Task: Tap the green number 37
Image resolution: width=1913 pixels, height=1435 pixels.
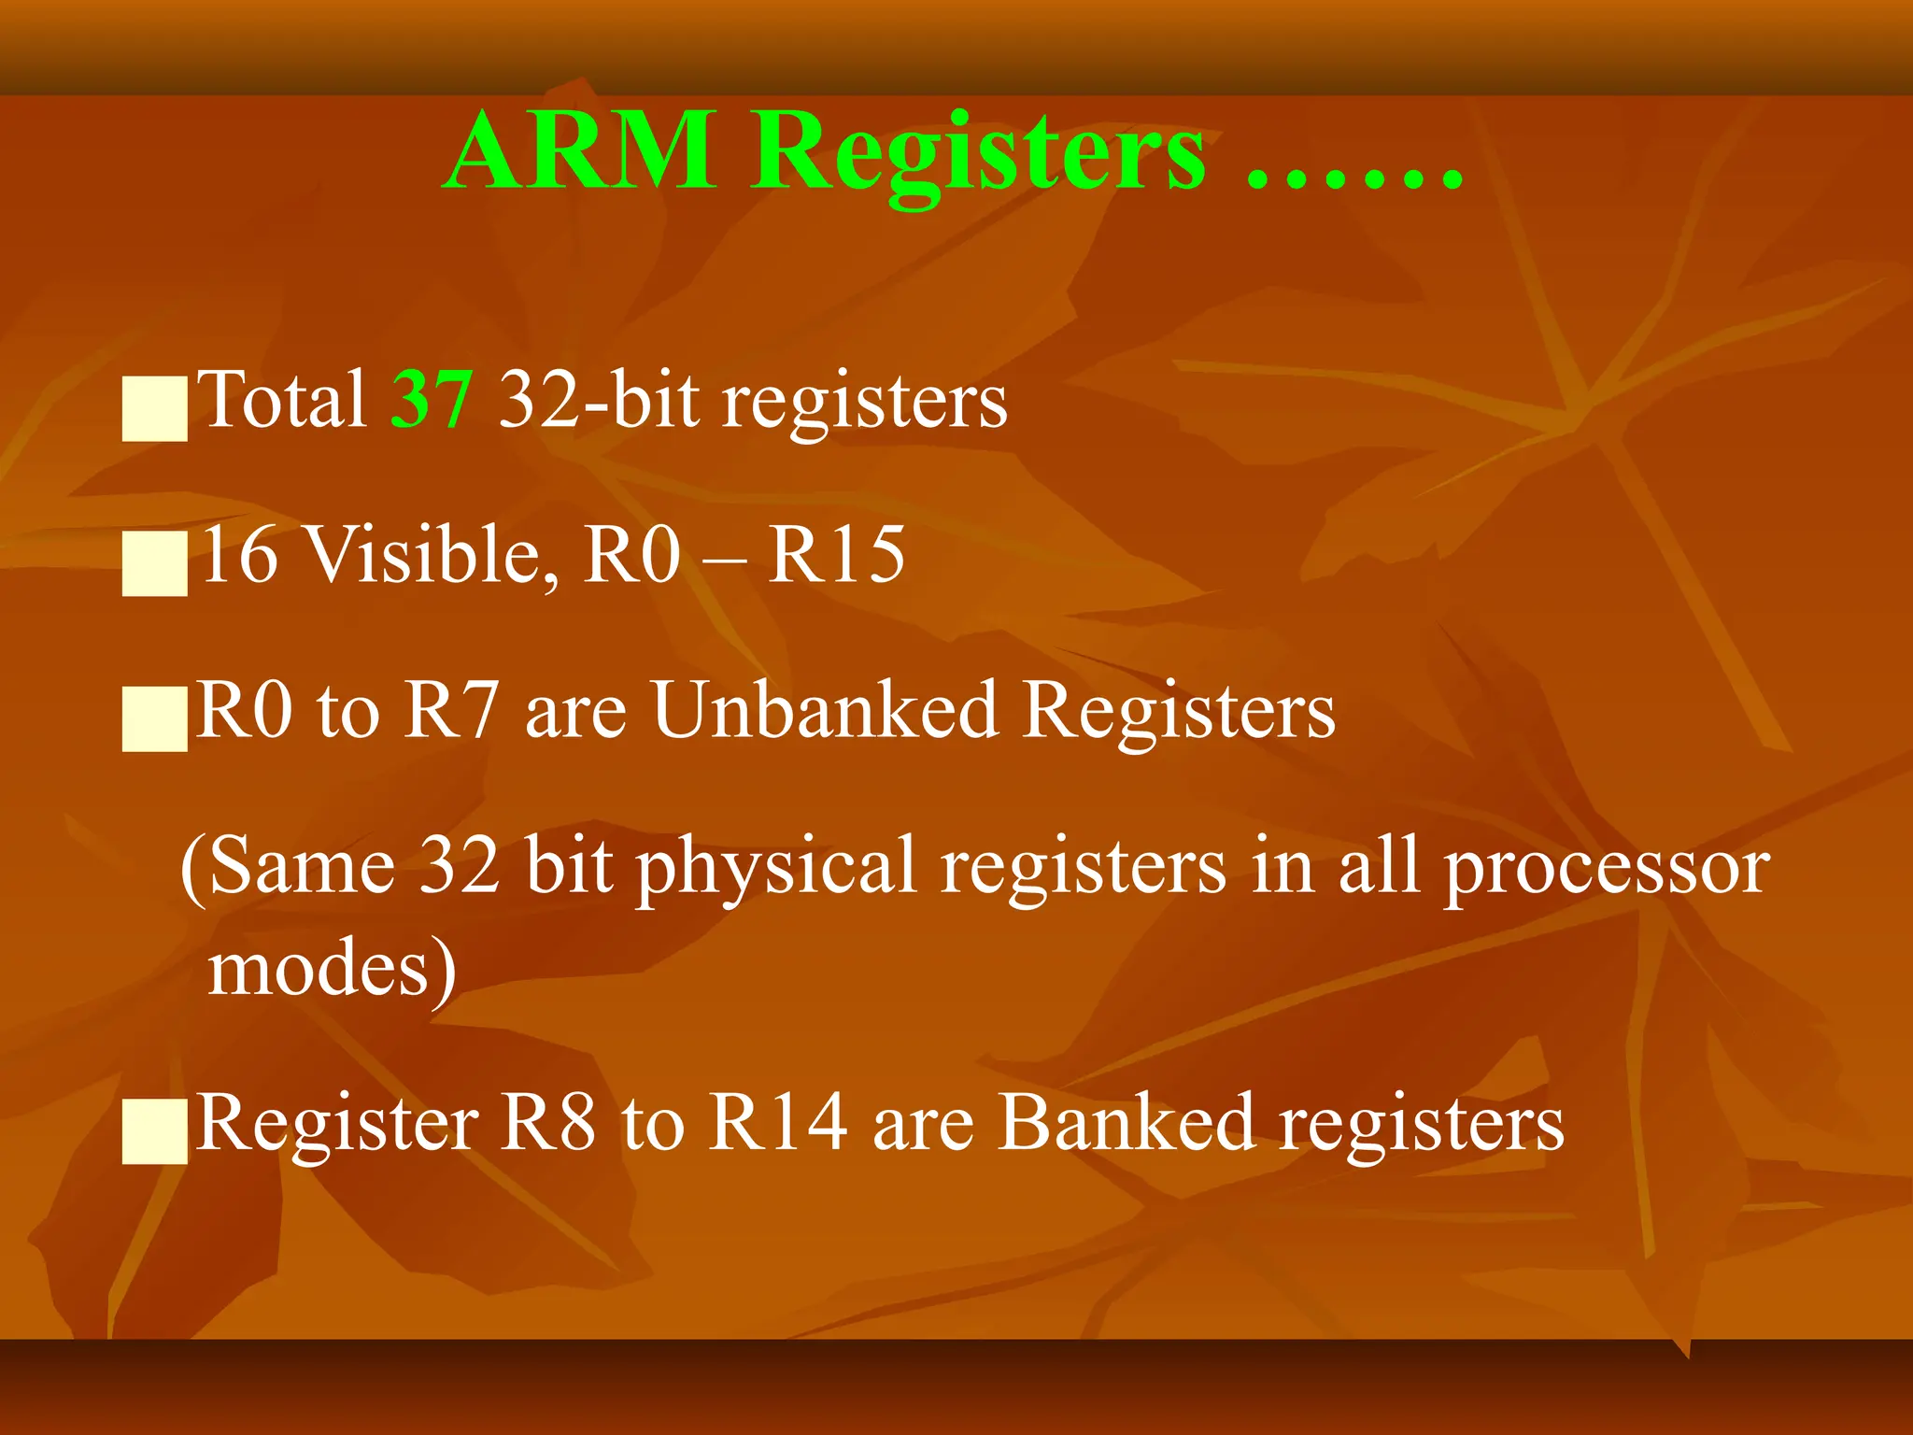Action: (x=431, y=400)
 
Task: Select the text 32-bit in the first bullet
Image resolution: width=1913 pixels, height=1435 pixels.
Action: (x=599, y=400)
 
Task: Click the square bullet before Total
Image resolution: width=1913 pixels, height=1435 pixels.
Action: (x=155, y=408)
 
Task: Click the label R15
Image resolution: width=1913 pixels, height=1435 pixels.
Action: (x=836, y=555)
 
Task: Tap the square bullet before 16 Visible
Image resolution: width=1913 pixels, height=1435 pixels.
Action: (x=155, y=564)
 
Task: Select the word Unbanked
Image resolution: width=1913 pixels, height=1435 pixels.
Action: (x=825, y=710)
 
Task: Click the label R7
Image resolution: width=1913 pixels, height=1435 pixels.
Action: (x=450, y=710)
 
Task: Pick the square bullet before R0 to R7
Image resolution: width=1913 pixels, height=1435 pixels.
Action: (x=155, y=719)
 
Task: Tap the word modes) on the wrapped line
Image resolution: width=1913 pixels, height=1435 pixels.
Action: (x=332, y=970)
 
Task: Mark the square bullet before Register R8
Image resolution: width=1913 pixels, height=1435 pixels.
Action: (x=155, y=1131)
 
